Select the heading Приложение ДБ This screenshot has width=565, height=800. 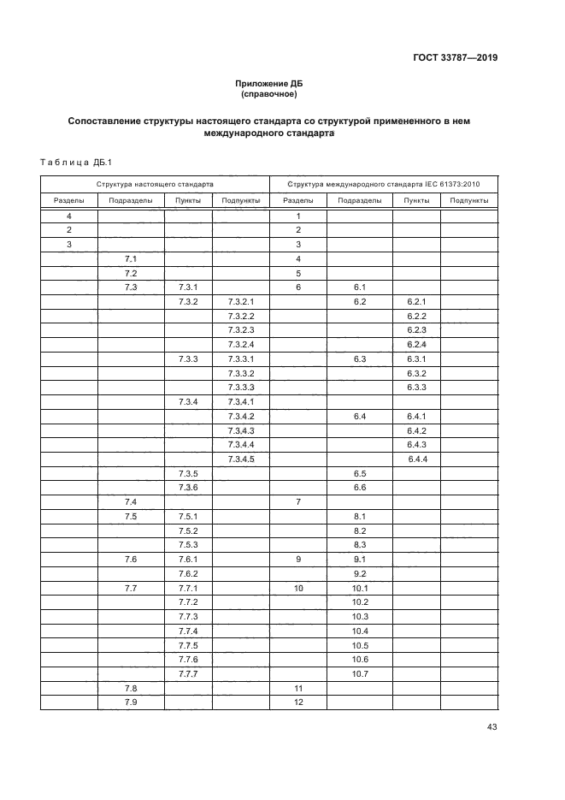269,83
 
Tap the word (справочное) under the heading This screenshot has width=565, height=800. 269,93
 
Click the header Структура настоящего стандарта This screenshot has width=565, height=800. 155,184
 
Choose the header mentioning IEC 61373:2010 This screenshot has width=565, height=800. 384,184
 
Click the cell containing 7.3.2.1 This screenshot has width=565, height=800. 242,302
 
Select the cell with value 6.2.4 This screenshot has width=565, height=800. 416,345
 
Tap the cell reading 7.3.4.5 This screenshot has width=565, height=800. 242,459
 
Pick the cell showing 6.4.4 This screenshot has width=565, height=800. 416,459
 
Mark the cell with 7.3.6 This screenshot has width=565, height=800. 188,488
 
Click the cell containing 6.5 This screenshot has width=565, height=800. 359,473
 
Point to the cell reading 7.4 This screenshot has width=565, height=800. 131,501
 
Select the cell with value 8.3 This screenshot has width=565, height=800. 359,545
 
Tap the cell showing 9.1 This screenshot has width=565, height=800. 359,560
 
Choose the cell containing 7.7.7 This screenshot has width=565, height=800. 188,674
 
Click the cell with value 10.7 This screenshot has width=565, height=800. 359,674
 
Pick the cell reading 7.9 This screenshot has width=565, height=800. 131,702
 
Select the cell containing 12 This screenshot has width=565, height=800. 298,702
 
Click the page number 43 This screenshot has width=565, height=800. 491,727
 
